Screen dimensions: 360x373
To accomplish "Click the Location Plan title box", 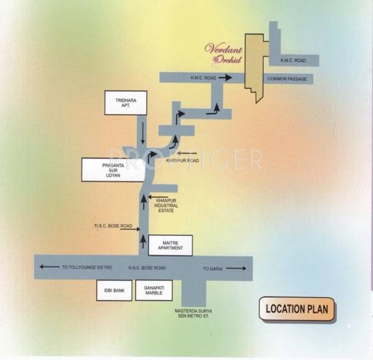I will [297, 308].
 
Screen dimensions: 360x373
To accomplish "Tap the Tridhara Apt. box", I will [126, 104].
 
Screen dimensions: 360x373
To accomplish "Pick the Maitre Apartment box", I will [171, 244].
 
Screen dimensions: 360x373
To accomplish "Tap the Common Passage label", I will [285, 80].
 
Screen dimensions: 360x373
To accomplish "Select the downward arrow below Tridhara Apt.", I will [143, 131].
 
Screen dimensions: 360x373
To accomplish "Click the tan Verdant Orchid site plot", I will [254, 62].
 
